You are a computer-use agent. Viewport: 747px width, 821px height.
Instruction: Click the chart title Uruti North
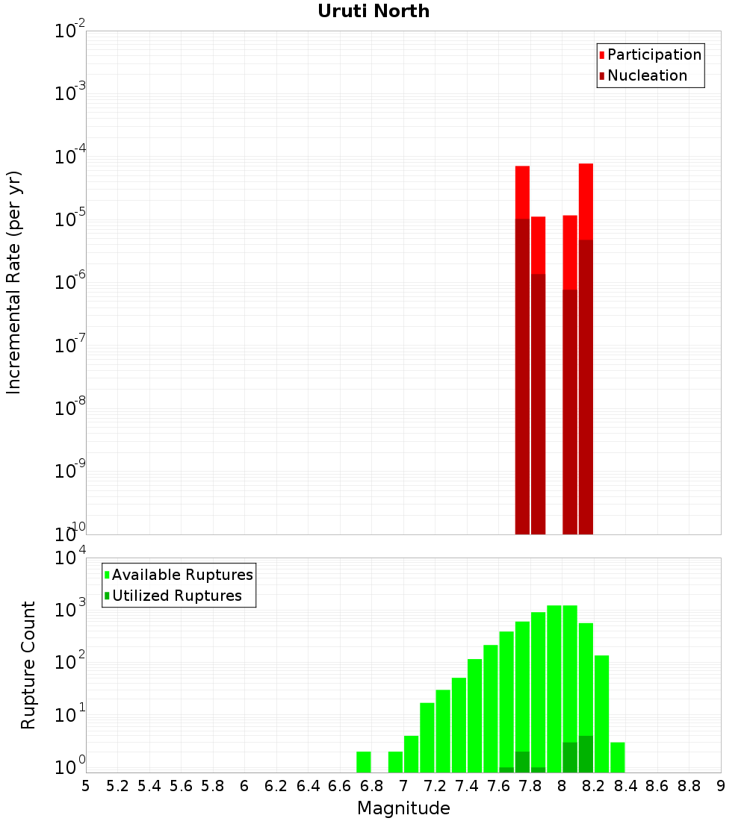coord(373,11)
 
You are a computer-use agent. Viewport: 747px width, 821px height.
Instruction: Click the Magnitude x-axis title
coord(403,808)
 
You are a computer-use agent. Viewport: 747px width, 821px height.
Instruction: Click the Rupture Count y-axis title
coord(28,664)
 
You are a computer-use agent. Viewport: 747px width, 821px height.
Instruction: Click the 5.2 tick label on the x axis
coord(117,786)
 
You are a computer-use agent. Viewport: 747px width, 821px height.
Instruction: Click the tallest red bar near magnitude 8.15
coord(586,202)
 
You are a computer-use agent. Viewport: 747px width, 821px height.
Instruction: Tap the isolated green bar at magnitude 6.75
coord(364,762)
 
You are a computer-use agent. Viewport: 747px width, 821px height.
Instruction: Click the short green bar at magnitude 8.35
coord(618,758)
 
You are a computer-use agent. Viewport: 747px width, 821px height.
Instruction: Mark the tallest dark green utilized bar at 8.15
coord(586,755)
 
